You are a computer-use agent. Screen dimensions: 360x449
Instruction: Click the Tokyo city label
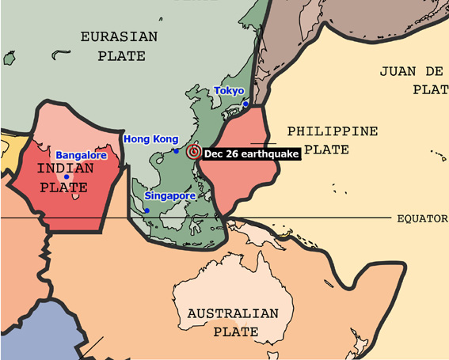pyautogui.click(x=229, y=91)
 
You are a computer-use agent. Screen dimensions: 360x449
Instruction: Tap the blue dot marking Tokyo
pyautogui.click(x=246, y=104)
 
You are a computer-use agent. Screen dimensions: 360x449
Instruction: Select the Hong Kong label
pyautogui.click(x=150, y=139)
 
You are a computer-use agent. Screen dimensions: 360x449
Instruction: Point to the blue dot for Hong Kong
pyautogui.click(x=177, y=150)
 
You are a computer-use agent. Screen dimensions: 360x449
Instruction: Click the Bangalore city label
pyautogui.click(x=81, y=156)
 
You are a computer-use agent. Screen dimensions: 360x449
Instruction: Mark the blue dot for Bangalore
pyautogui.click(x=67, y=176)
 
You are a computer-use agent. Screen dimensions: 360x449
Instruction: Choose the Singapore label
pyautogui.click(x=169, y=195)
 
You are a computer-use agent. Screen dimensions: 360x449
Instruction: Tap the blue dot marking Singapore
pyautogui.click(x=146, y=210)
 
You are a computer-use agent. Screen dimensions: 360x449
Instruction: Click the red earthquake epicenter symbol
pyautogui.click(x=193, y=152)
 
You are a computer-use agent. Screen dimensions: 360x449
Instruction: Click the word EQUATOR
pyautogui.click(x=422, y=218)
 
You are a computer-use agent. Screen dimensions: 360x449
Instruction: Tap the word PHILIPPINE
pyautogui.click(x=332, y=131)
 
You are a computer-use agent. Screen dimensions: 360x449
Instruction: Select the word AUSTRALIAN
pyautogui.click(x=232, y=314)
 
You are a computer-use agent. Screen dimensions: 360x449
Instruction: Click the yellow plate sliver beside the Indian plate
pyautogui.click(x=6, y=154)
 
